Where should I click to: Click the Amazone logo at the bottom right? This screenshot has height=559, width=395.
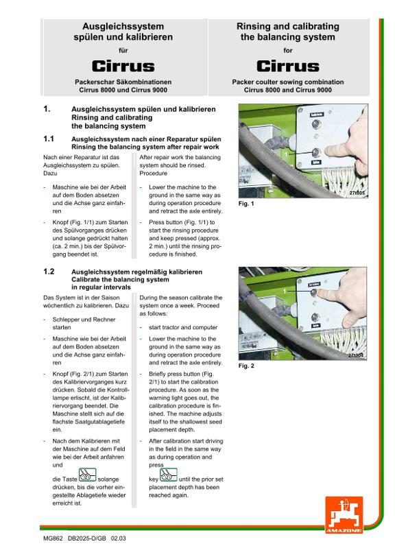click(x=344, y=515)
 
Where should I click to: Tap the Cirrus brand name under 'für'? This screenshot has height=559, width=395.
click(x=123, y=67)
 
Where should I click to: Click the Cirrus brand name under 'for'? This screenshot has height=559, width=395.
click(x=288, y=67)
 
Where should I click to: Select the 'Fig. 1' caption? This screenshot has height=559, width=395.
click(x=246, y=204)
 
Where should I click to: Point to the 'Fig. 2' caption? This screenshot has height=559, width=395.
click(x=246, y=366)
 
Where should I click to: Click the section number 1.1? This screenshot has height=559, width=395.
click(x=49, y=139)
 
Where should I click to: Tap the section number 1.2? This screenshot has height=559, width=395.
click(x=49, y=272)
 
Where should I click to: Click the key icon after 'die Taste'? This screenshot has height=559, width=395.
click(x=87, y=475)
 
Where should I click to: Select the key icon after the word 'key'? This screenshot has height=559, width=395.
click(x=168, y=475)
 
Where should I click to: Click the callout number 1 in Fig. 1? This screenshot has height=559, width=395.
click(x=286, y=154)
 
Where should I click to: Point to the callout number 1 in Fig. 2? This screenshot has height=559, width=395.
click(x=285, y=292)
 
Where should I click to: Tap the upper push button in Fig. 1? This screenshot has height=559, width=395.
click(x=316, y=124)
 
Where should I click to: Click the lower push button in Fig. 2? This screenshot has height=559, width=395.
click(x=315, y=317)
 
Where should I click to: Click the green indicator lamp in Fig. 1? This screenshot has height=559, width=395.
click(x=316, y=136)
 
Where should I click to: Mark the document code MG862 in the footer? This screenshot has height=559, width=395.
click(x=53, y=538)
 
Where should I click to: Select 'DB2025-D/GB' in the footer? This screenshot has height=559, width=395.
click(x=87, y=538)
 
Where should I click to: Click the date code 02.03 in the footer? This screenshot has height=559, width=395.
click(x=119, y=538)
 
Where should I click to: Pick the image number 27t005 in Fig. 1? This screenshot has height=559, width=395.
click(x=357, y=193)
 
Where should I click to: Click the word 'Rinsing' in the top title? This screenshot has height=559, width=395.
click(x=254, y=27)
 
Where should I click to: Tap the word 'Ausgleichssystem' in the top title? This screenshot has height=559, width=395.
click(x=123, y=26)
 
